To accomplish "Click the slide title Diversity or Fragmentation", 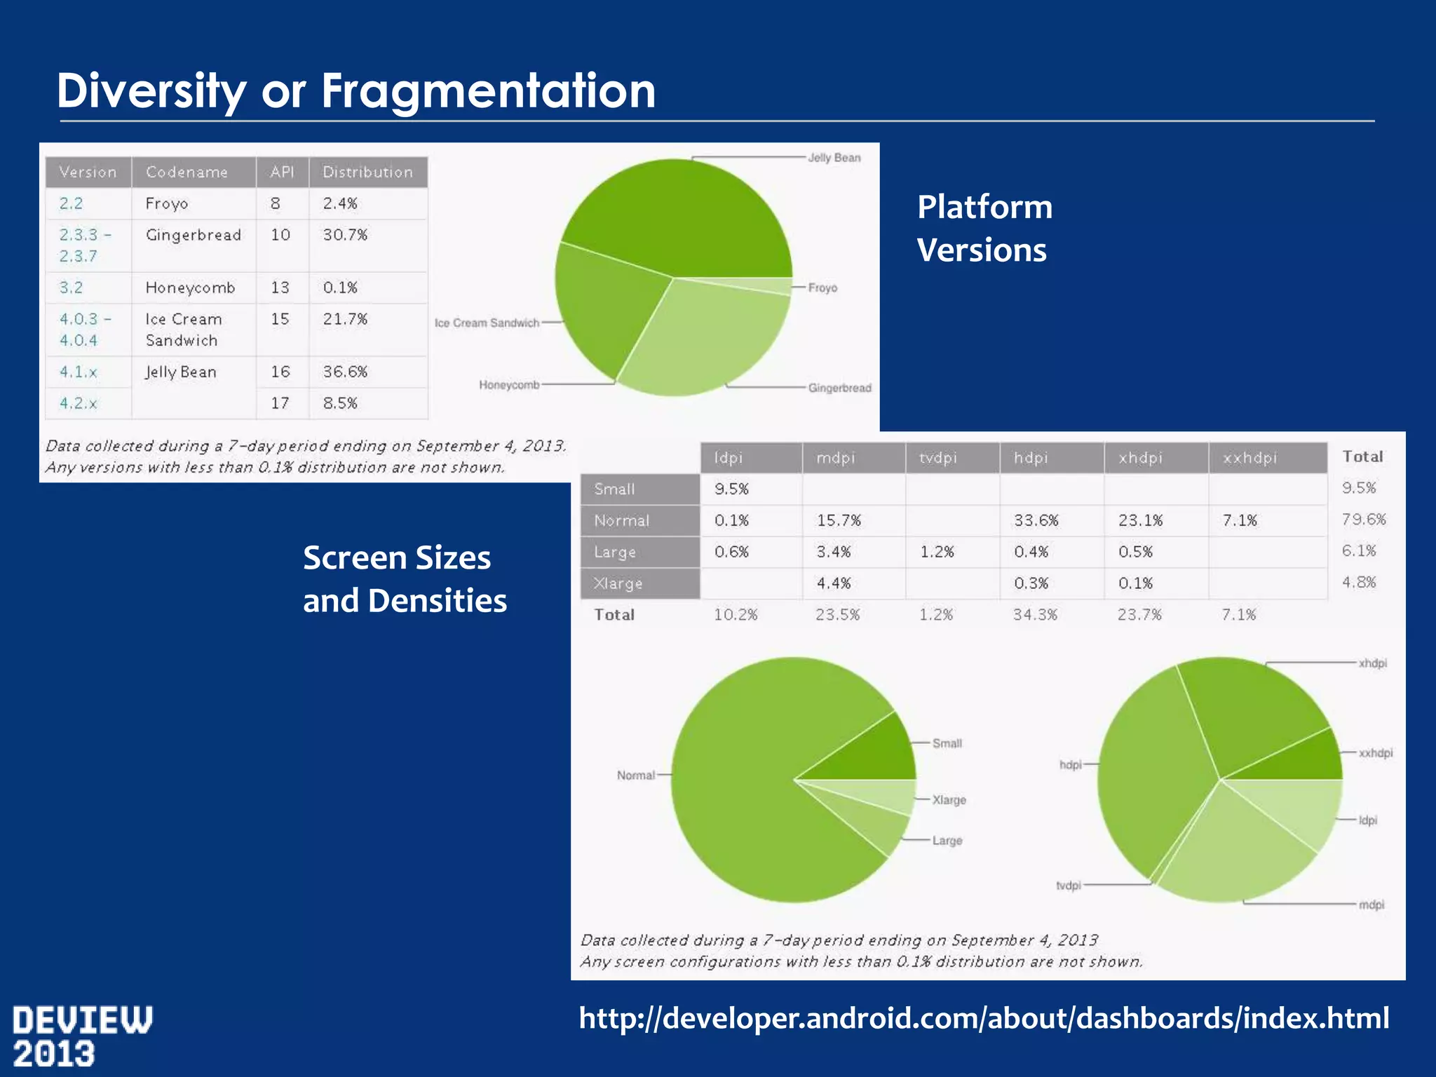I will pos(355,90).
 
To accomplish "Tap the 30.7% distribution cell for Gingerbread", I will pos(344,235).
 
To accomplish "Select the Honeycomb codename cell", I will pos(190,287).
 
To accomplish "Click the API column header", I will pos(282,172).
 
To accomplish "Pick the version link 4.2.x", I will pos(78,403).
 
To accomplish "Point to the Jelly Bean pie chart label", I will pos(834,158).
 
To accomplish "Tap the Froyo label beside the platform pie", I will pos(822,287).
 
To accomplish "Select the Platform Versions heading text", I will pos(984,229).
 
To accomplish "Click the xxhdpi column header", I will pos(1249,458).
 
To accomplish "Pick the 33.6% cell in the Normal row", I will pos(1036,520).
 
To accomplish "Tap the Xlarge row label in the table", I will pos(618,583).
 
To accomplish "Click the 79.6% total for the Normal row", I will pos(1363,520).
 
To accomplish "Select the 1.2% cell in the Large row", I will pos(937,552).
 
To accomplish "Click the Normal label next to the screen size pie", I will pos(635,775).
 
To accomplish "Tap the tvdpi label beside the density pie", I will pos(1068,886).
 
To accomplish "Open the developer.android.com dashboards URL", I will pos(983,1018).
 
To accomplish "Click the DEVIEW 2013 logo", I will pos(82,1036).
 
